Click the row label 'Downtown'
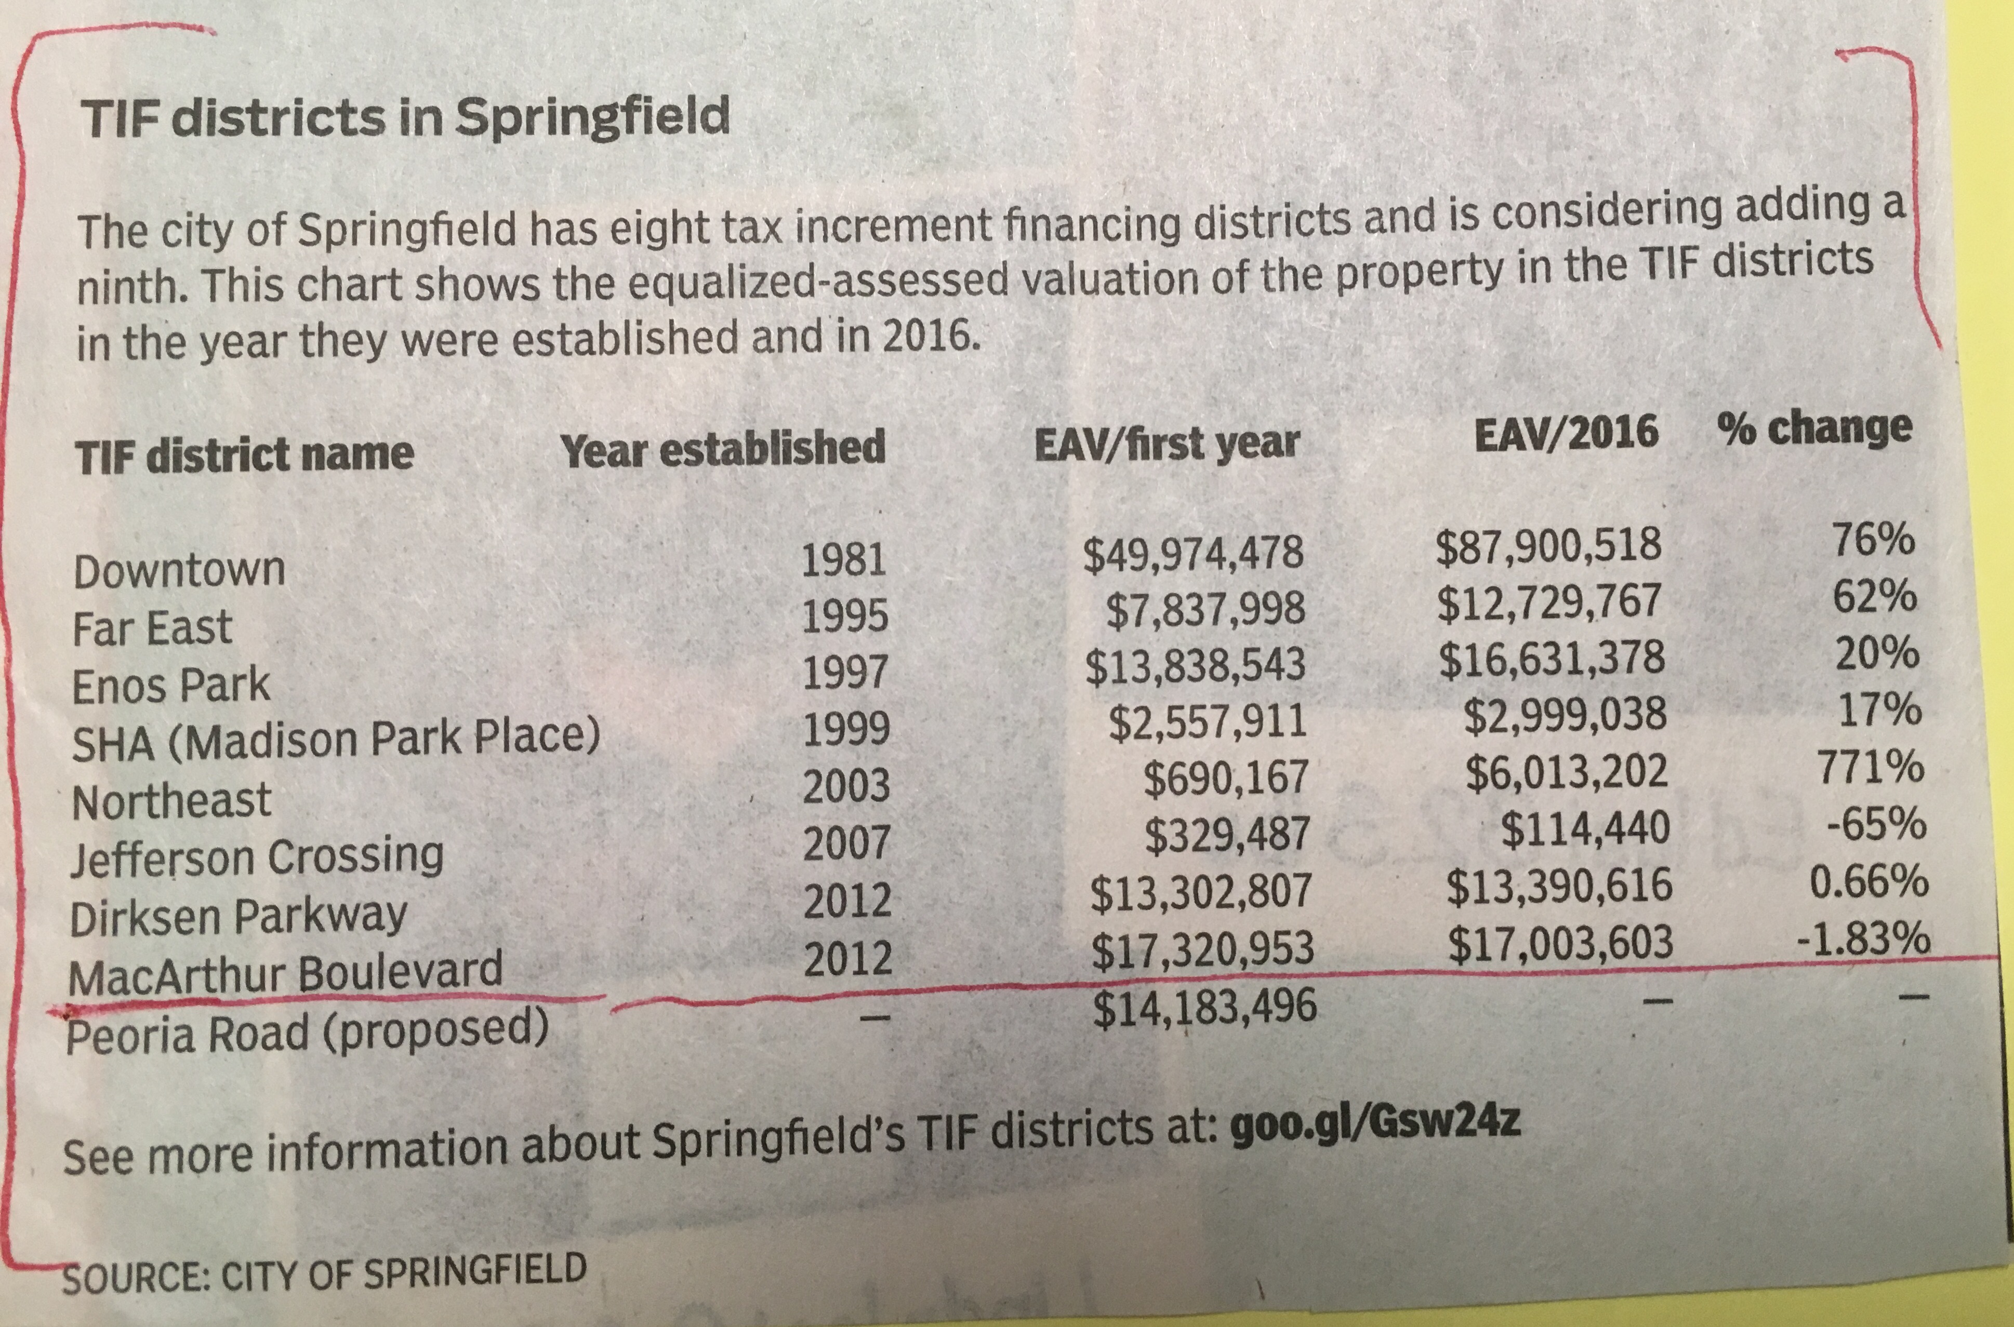point(179,571)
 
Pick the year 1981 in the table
point(843,560)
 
